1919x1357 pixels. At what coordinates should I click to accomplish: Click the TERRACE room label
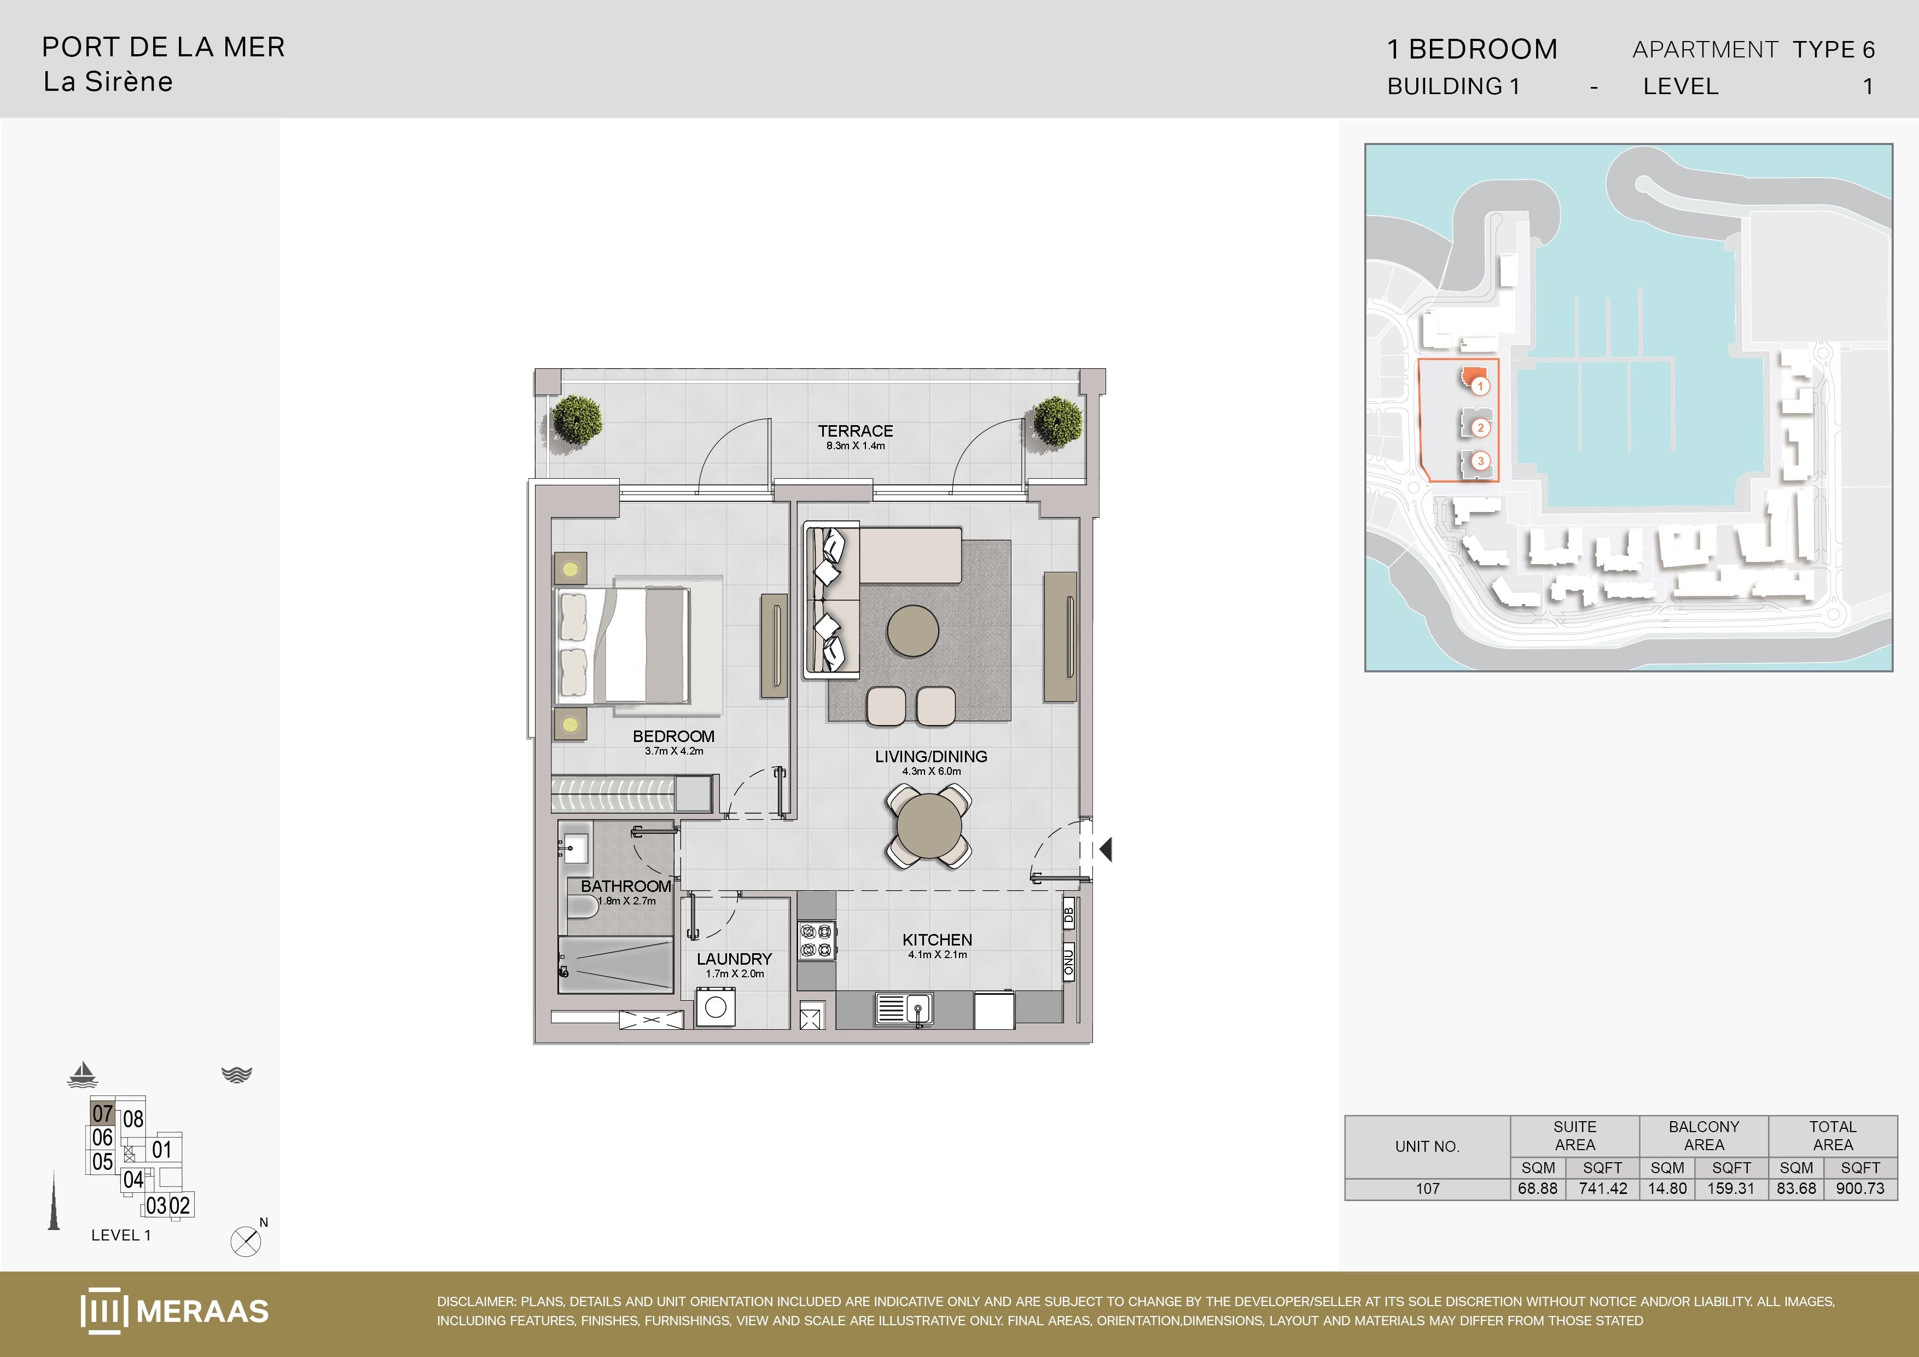855,431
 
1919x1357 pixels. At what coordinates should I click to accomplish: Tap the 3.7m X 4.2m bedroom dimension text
673,751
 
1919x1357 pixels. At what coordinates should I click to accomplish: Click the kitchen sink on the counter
904,1008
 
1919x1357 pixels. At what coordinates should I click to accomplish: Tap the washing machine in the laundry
716,1007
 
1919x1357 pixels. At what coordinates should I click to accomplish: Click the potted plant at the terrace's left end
577,420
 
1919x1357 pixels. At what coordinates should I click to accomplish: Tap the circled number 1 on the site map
1480,386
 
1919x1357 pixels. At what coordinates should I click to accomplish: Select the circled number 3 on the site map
1480,461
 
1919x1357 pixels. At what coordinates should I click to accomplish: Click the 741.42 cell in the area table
1603,1188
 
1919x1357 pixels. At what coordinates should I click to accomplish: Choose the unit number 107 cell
1428,1188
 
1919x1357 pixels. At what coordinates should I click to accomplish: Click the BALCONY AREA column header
1703,1135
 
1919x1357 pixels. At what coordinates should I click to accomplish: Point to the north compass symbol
246,1242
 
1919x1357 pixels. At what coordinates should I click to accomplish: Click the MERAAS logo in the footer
175,1310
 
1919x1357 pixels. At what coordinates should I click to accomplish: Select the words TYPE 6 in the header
1834,49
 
